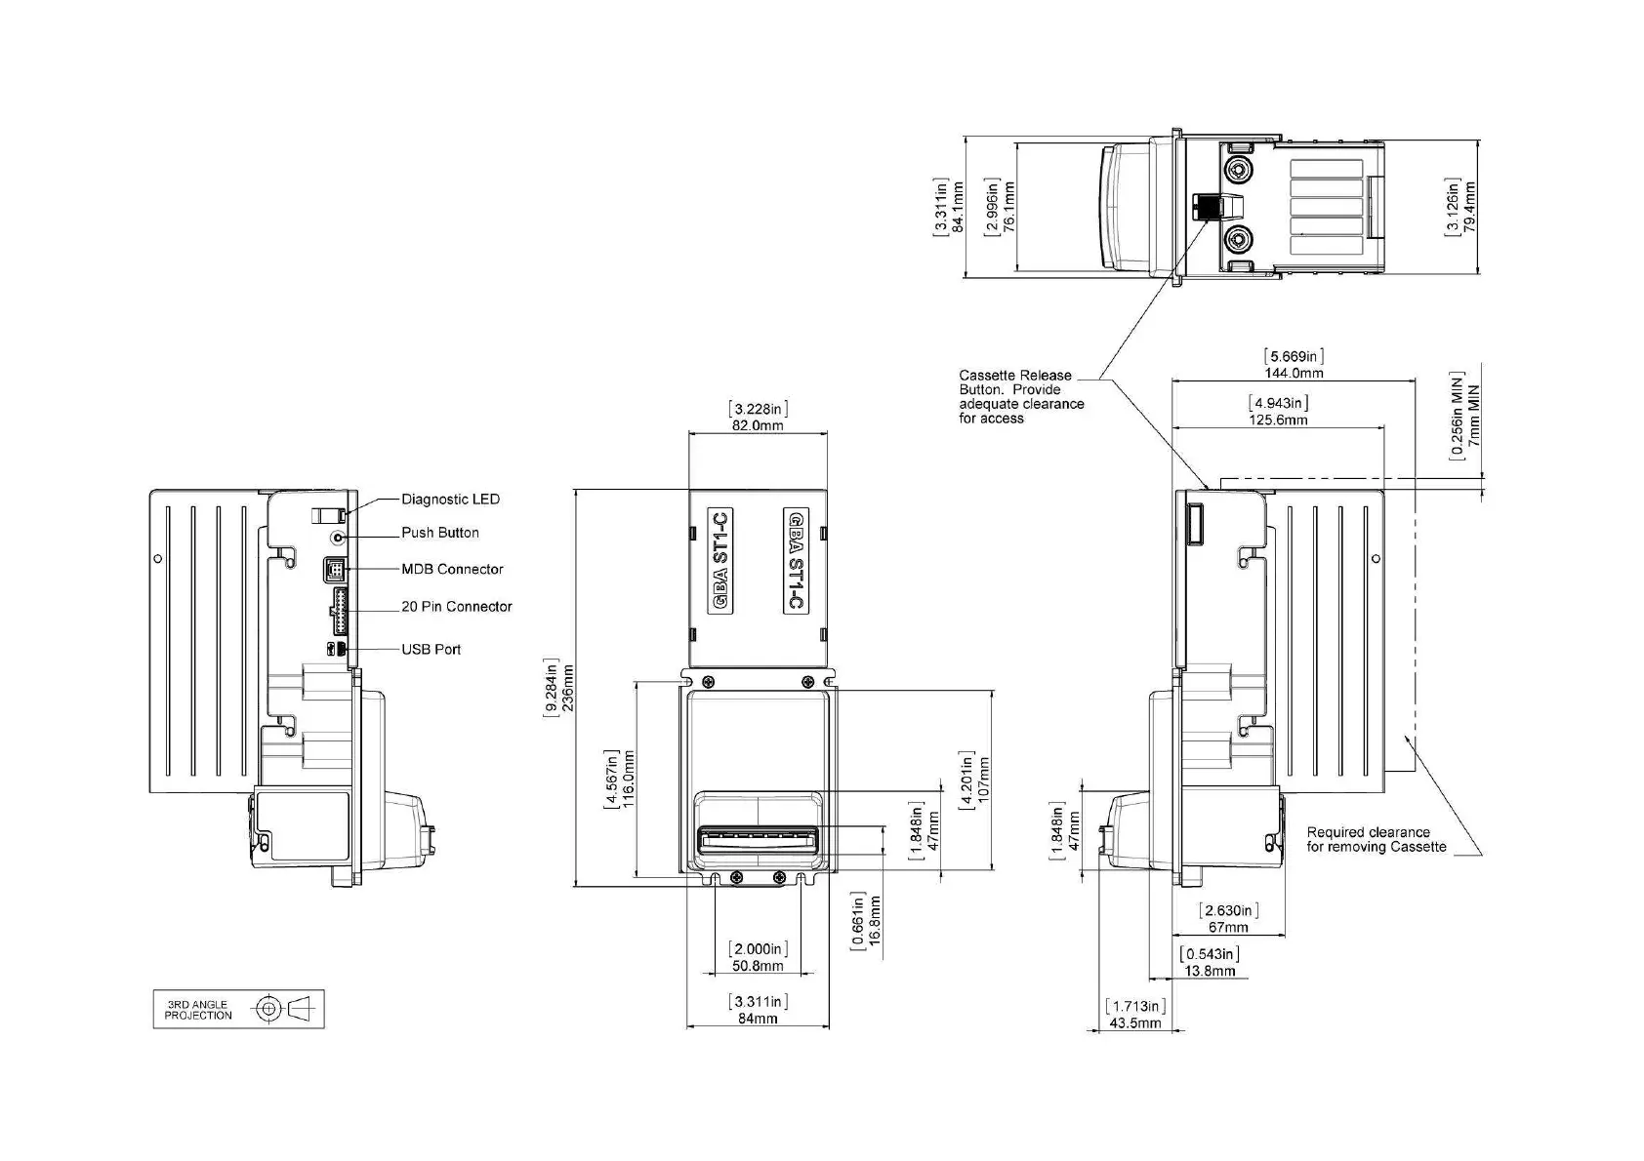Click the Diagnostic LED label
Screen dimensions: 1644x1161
(x=450, y=500)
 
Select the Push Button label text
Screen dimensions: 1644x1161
(x=439, y=534)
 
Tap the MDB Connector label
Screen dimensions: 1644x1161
(x=452, y=569)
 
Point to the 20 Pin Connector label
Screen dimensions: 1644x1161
(x=457, y=607)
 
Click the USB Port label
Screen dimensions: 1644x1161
(x=431, y=650)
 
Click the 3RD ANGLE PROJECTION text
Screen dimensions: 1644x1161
(x=197, y=1010)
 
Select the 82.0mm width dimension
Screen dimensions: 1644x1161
(x=758, y=425)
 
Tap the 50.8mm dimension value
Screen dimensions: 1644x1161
(x=758, y=966)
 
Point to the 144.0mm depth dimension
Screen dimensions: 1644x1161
(x=1294, y=373)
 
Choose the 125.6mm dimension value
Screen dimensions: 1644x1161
(x=1278, y=420)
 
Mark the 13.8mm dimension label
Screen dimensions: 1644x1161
(x=1210, y=971)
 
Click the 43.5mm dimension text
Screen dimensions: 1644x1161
(x=1134, y=1023)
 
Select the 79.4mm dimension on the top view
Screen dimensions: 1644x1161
(x=1468, y=208)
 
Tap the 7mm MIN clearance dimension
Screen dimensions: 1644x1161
(x=1474, y=416)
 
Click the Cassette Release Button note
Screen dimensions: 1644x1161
(x=1021, y=397)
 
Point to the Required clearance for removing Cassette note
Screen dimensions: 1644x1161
(x=1377, y=840)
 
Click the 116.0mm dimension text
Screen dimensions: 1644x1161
(x=629, y=780)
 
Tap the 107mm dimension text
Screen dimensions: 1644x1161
(x=984, y=780)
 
